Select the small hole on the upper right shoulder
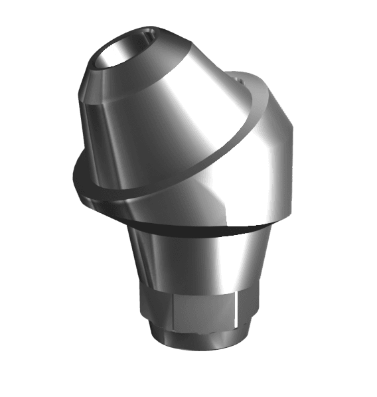click(243, 80)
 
